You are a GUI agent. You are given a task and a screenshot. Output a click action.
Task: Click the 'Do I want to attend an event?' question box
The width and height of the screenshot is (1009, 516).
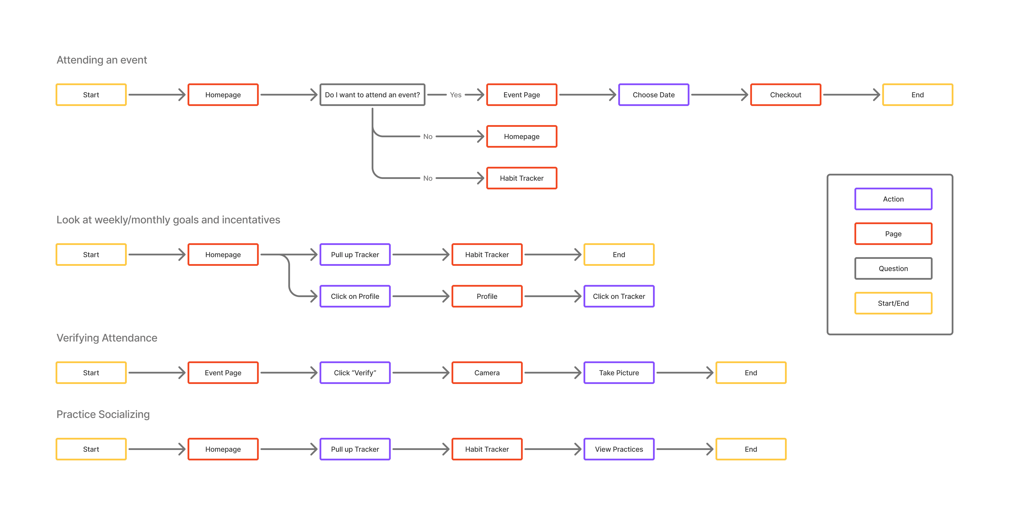click(372, 95)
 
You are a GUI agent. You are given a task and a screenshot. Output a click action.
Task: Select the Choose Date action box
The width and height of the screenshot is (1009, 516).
click(653, 95)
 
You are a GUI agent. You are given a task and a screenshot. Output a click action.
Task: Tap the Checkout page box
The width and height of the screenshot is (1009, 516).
click(785, 95)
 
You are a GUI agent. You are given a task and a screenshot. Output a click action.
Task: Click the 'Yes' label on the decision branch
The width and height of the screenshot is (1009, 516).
click(455, 95)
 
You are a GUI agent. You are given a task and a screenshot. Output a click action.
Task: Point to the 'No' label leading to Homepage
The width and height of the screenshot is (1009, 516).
click(428, 136)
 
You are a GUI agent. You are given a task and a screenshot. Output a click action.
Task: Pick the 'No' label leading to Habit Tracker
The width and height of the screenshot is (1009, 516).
click(428, 178)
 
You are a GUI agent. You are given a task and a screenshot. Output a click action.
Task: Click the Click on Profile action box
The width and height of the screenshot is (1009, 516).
click(355, 296)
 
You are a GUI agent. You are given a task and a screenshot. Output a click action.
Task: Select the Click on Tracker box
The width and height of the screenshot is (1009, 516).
click(619, 296)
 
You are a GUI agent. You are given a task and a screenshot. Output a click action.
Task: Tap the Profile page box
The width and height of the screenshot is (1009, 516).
click(487, 296)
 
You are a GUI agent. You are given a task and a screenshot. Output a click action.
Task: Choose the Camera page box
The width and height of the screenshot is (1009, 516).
click(487, 373)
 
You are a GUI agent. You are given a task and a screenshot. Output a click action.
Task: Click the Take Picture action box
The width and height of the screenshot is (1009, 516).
click(619, 373)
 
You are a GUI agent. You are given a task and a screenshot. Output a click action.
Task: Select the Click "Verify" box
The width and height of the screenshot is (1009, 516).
click(355, 373)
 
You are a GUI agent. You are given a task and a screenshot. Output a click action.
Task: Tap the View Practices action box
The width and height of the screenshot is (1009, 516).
click(619, 449)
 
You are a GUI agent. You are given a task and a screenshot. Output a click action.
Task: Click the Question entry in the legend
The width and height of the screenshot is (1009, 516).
click(893, 268)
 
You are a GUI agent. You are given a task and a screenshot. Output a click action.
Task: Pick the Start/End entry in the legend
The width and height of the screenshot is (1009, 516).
click(893, 303)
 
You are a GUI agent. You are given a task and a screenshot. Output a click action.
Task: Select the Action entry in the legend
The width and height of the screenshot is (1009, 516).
click(893, 199)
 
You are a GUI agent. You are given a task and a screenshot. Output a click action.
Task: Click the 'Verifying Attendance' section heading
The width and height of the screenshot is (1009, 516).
click(107, 338)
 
